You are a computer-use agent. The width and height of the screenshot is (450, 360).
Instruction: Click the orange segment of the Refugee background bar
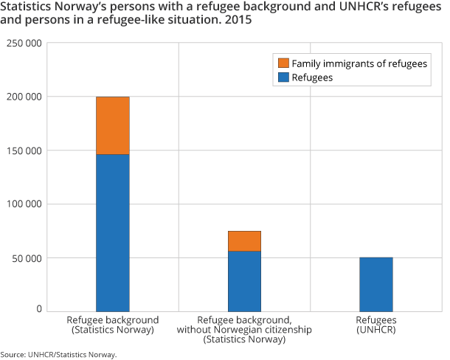pyautogui.click(x=113, y=125)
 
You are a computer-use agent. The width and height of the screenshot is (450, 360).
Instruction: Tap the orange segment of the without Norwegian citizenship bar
pyautogui.click(x=244, y=241)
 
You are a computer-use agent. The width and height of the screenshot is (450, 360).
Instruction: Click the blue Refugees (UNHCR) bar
pyautogui.click(x=375, y=284)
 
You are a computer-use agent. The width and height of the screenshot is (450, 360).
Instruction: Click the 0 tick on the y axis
pyautogui.click(x=39, y=310)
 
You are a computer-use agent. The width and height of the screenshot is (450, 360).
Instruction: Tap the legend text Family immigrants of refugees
pyautogui.click(x=359, y=63)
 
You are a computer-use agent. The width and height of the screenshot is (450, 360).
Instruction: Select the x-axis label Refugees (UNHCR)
pyautogui.click(x=376, y=325)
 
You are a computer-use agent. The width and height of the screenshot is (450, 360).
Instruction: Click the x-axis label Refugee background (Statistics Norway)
pyautogui.click(x=113, y=325)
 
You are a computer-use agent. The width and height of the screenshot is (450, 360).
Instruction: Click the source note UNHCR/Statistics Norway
pyautogui.click(x=59, y=355)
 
